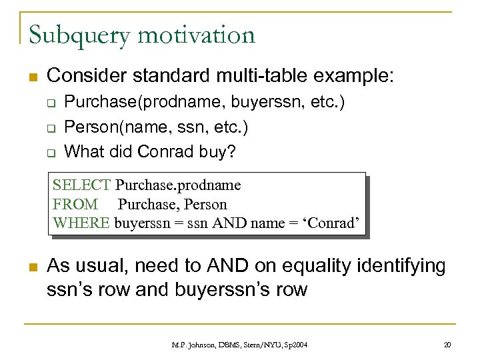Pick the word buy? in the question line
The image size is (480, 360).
[217, 152]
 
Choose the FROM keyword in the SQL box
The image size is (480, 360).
[75, 204]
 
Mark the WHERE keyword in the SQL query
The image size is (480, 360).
[81, 223]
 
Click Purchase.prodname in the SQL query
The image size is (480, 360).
[178, 185]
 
